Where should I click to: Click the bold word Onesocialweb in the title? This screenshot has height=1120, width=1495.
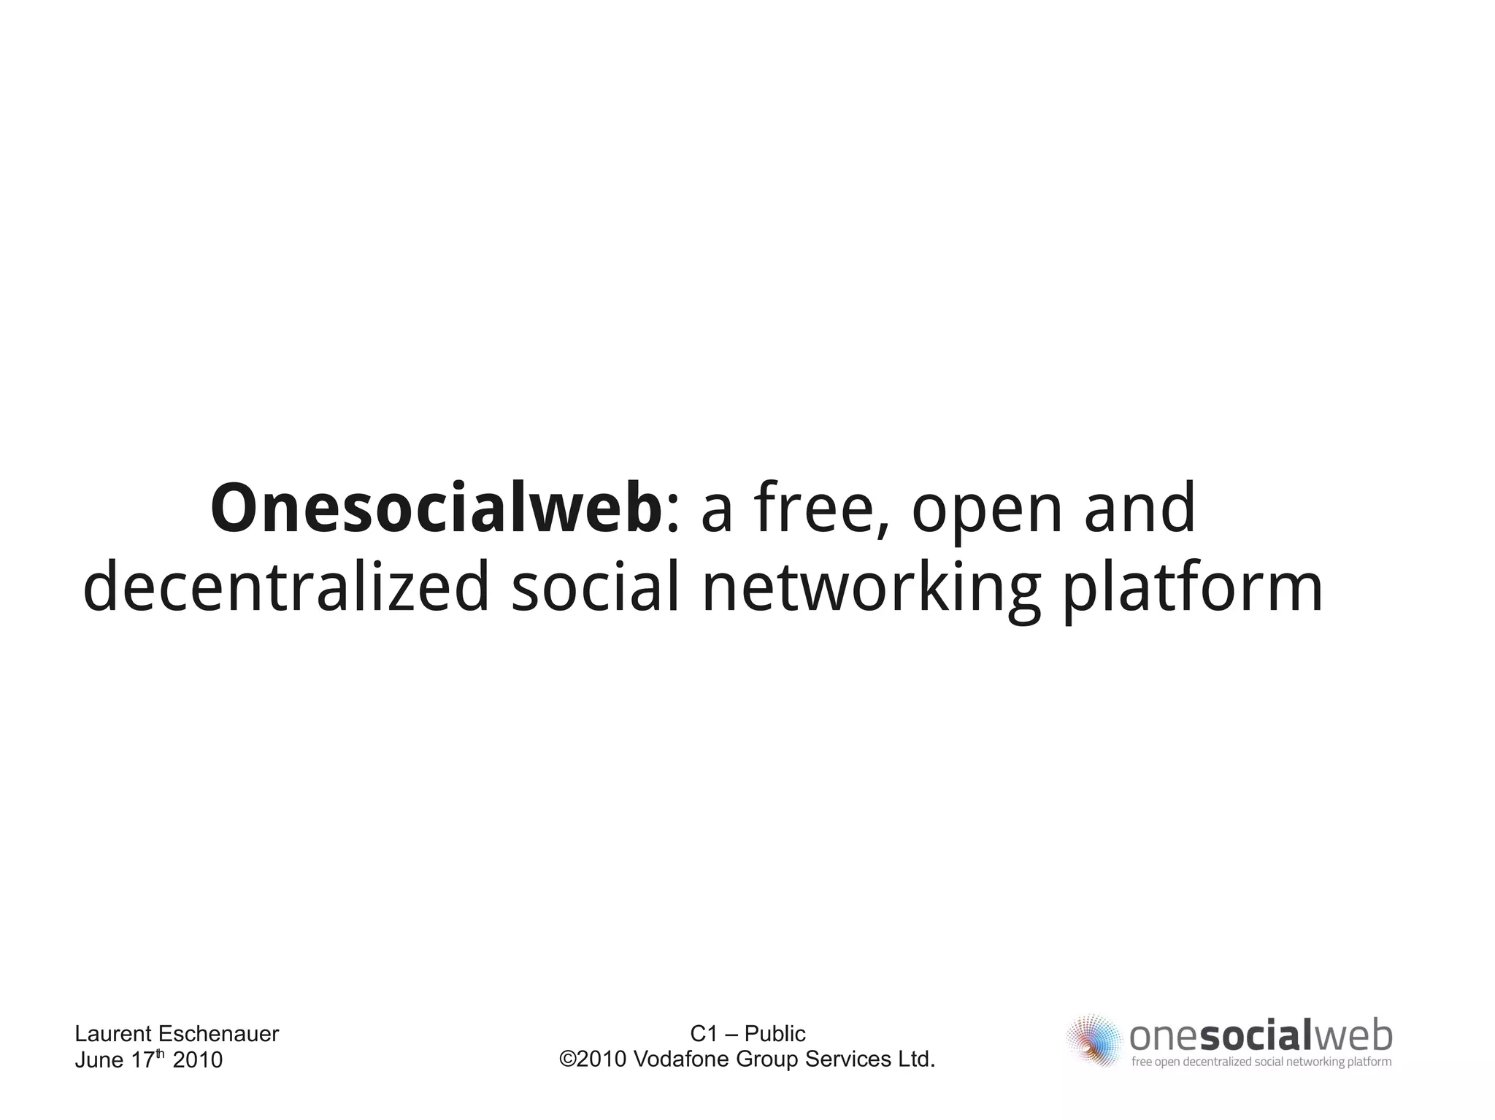point(436,508)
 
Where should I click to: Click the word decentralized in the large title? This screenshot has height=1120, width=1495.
point(285,587)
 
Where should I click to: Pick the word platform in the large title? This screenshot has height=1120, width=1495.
point(1192,588)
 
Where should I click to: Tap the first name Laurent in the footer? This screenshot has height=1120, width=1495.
point(113,1034)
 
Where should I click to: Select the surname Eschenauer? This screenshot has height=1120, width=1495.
point(218,1034)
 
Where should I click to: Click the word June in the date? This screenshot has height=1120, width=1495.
point(99,1060)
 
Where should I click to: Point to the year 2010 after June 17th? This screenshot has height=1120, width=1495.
point(197,1060)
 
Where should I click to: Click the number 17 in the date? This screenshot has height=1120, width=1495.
point(142,1060)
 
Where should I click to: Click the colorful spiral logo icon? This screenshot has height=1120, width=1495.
point(1093,1040)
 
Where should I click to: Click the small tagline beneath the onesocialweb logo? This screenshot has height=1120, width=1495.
point(1261,1062)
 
